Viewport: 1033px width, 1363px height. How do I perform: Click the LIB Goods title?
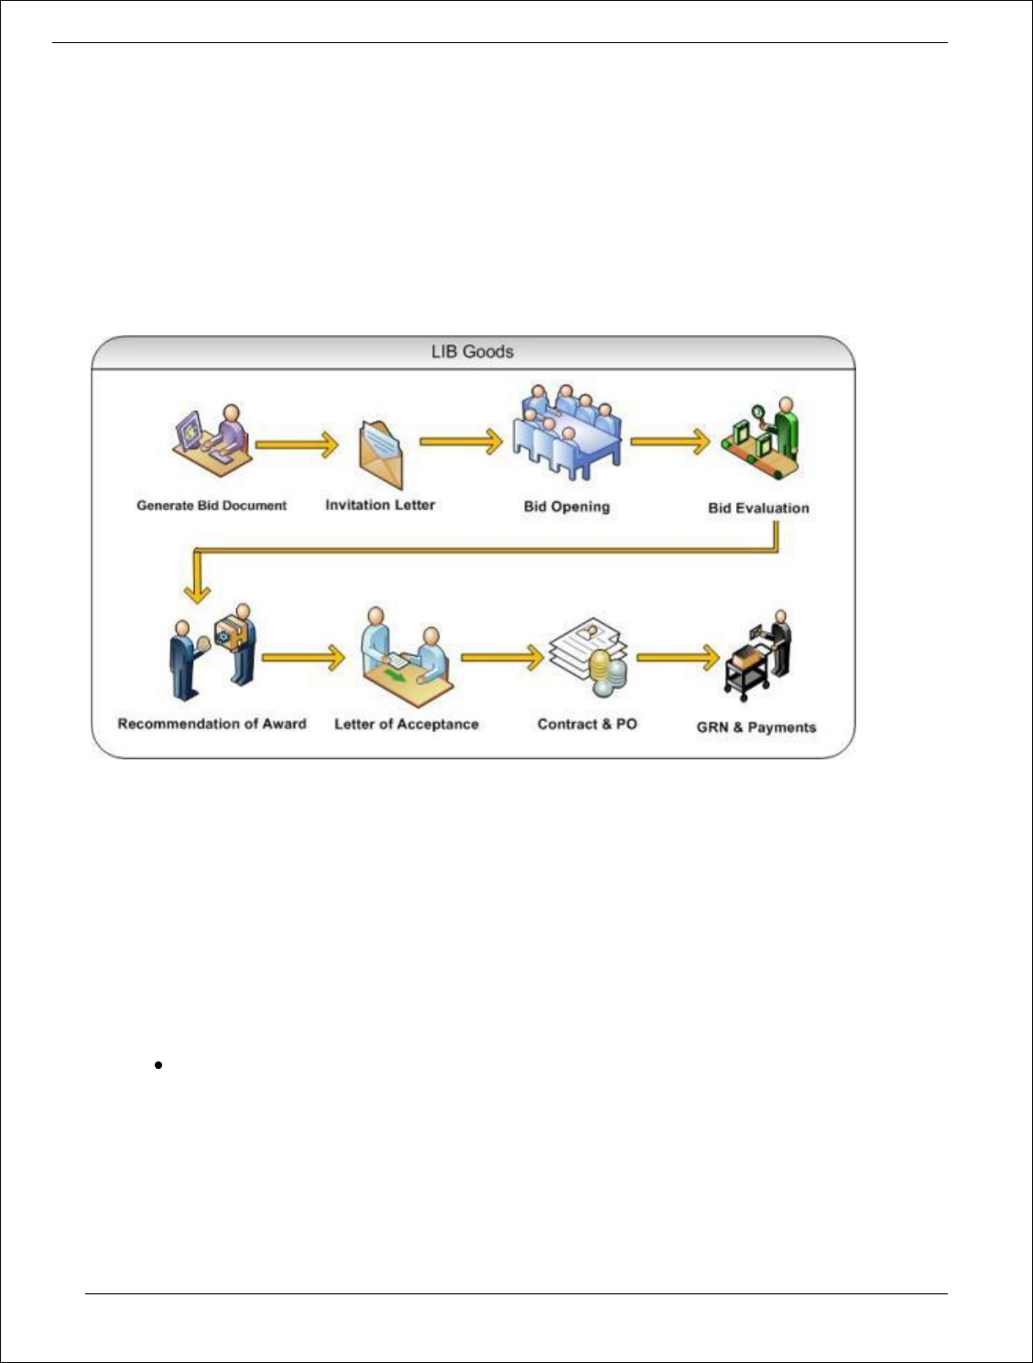tap(472, 352)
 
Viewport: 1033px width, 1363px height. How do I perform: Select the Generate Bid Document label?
tap(212, 506)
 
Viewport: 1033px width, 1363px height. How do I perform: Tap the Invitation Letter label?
tap(380, 505)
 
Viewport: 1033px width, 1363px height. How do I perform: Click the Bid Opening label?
tap(566, 507)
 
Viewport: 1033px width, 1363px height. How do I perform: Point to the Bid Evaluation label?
tap(758, 508)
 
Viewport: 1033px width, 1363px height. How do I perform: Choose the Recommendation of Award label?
tap(212, 724)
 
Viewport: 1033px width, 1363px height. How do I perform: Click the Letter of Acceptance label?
tap(407, 725)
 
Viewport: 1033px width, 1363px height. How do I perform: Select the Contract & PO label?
tap(587, 724)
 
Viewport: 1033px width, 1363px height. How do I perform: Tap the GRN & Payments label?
tap(756, 727)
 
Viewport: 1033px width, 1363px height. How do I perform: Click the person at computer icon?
tap(212, 441)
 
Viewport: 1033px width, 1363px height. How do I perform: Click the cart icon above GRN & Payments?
tap(757, 657)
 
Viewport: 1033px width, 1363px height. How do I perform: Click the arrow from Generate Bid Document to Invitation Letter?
tap(297, 445)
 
